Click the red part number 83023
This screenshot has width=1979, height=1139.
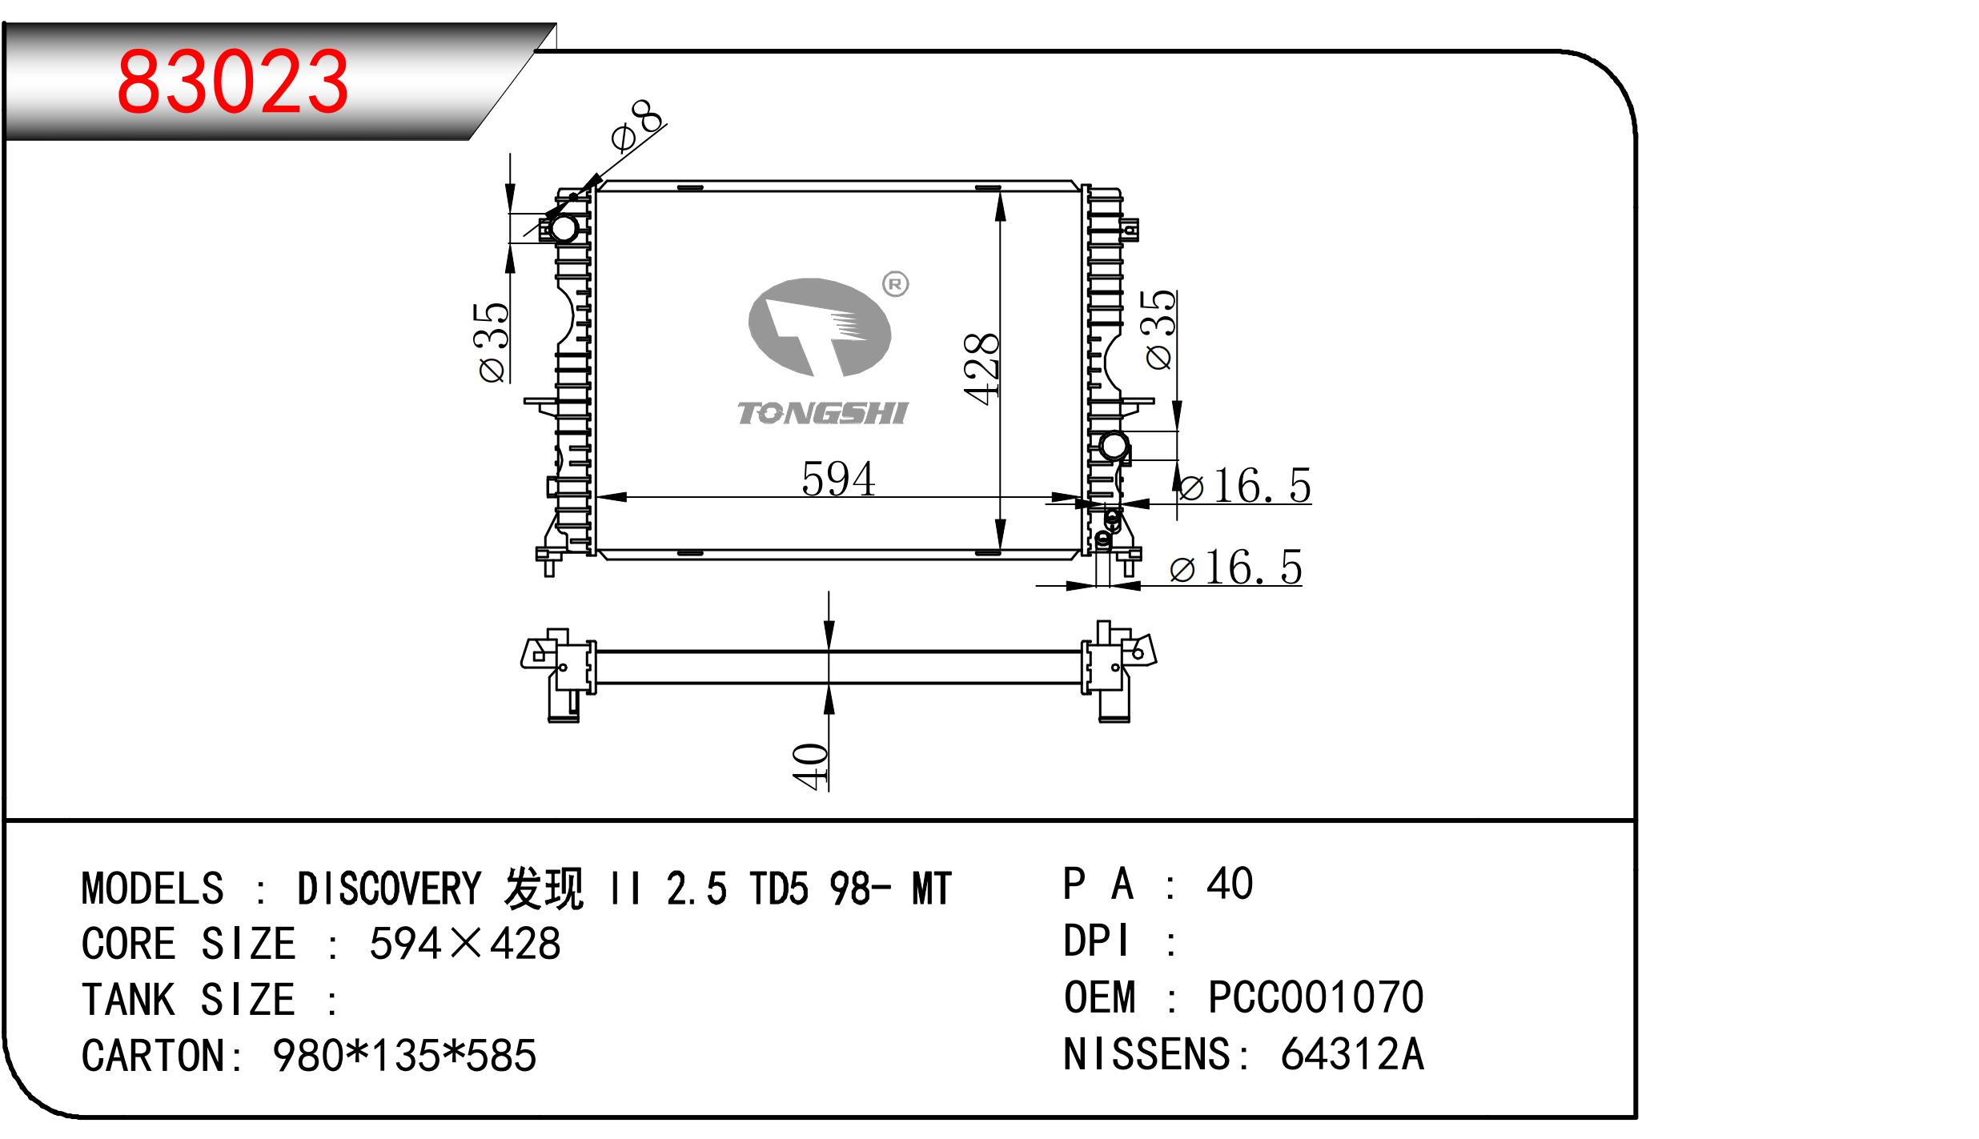tap(232, 82)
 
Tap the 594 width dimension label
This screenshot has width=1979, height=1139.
tap(838, 479)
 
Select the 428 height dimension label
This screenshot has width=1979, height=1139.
tap(981, 369)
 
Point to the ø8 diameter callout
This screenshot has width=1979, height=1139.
tap(637, 126)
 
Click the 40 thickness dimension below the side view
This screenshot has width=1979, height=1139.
tap(810, 767)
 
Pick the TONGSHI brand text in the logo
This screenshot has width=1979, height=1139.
tap(822, 413)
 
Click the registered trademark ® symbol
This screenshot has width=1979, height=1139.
tap(895, 284)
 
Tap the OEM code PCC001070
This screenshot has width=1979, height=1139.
tap(1315, 997)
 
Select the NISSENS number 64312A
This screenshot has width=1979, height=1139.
tap(1352, 1054)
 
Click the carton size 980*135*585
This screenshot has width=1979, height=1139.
tap(404, 1056)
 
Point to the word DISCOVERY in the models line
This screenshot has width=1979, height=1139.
tap(389, 889)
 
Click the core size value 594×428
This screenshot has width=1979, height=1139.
tap(465, 944)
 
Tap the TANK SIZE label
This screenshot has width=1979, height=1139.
tap(188, 1000)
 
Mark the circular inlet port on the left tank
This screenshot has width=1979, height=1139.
tap(564, 228)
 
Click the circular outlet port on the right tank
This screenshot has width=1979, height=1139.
tap(1114, 445)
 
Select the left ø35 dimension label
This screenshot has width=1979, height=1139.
tap(491, 343)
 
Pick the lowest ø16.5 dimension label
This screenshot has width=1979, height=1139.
tap(1236, 568)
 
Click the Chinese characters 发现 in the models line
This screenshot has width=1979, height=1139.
tap(544, 889)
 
